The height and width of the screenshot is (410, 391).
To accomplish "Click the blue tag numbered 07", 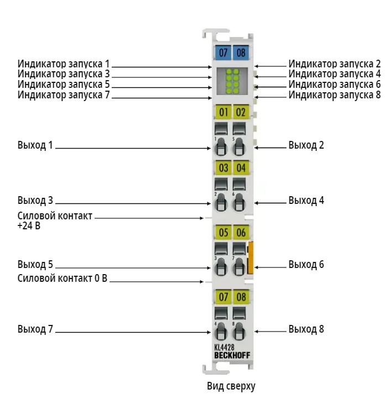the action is click(x=223, y=52).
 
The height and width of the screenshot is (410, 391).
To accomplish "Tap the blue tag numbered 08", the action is click(x=241, y=52).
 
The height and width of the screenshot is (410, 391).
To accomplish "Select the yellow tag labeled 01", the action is click(x=223, y=112).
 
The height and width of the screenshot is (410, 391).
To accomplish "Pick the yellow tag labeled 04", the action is click(x=241, y=167).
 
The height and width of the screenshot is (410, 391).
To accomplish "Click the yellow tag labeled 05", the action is click(x=223, y=232).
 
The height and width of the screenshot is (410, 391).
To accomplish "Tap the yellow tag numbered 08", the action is click(x=241, y=297).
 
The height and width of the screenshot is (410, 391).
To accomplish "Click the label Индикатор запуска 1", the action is click(x=64, y=64).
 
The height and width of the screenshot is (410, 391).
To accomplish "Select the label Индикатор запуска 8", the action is click(x=335, y=94).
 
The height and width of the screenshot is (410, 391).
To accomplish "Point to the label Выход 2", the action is click(x=306, y=145).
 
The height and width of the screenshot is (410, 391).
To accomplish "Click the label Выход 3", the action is click(x=35, y=200).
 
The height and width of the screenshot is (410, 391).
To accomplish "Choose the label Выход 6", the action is click(x=306, y=265).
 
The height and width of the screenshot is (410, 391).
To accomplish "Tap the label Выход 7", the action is click(x=35, y=329).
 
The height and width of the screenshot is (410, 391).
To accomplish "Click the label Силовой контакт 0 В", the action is click(x=62, y=278).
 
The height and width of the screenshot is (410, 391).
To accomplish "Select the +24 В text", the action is click(x=29, y=225).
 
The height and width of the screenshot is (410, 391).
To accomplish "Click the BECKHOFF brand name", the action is click(x=232, y=355).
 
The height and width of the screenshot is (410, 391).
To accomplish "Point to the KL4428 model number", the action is click(x=224, y=348).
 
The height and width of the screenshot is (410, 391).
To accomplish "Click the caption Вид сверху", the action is click(x=231, y=386).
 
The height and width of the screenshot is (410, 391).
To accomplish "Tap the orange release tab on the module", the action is click(x=251, y=258).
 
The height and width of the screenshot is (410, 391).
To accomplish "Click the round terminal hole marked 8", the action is click(x=239, y=331).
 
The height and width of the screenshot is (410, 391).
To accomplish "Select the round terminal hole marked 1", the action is click(x=221, y=146).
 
